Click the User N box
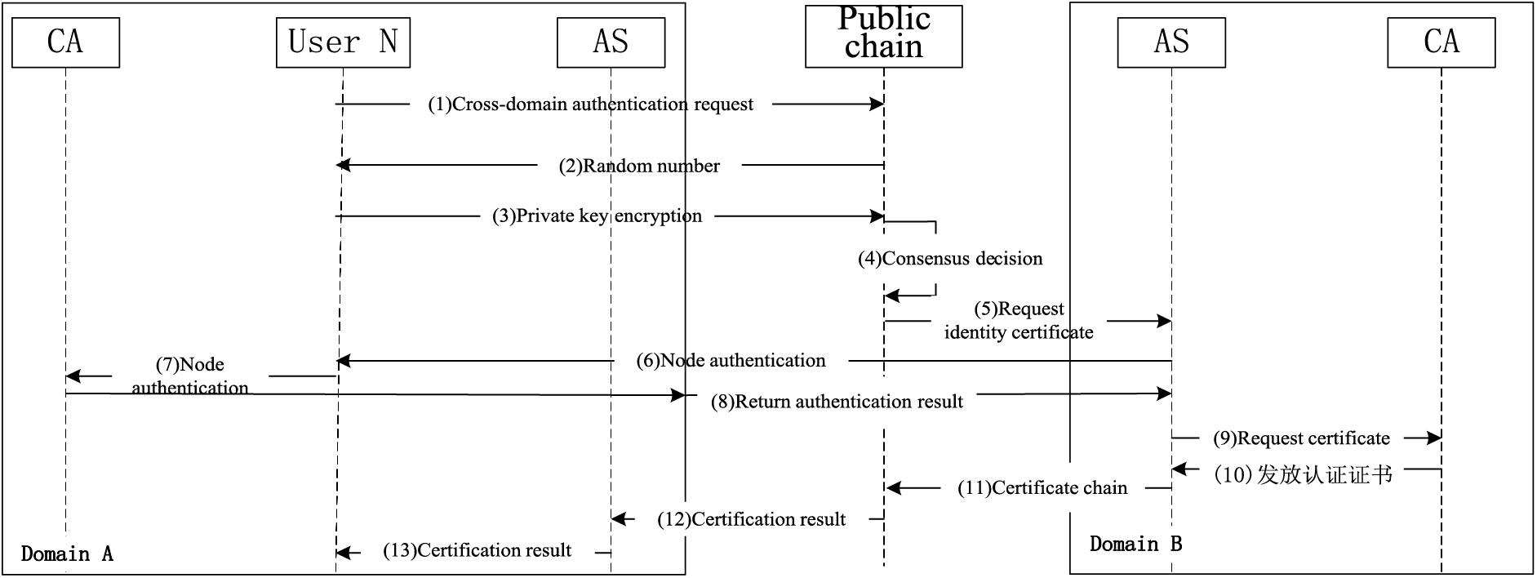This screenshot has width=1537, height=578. [343, 42]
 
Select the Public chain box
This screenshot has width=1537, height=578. [883, 35]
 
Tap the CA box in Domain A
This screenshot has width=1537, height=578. [65, 42]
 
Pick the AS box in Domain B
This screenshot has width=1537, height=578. [1171, 42]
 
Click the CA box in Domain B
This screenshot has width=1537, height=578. [1441, 42]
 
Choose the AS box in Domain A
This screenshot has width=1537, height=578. [611, 42]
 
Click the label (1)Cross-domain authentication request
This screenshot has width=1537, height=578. [590, 104]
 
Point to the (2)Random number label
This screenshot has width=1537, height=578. [639, 167]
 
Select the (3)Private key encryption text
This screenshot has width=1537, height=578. [597, 216]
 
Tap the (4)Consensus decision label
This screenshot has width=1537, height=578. [950, 259]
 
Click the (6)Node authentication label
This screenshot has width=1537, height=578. [731, 361]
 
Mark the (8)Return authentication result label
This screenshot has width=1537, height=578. [837, 402]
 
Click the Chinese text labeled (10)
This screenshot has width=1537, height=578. [1303, 474]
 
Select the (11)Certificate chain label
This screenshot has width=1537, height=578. [1042, 488]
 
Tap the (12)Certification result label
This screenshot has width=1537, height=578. [751, 519]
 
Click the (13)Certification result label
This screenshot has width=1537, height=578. [478, 550]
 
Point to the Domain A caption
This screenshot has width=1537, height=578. [67, 554]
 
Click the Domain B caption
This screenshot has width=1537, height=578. [1135, 544]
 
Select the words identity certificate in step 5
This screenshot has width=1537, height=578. [1019, 332]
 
